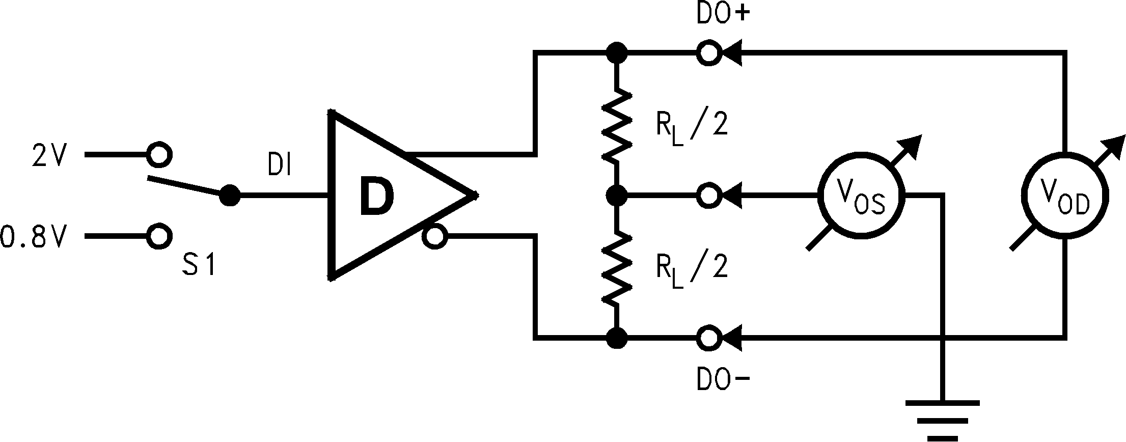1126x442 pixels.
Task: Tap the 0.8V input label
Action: point(34,237)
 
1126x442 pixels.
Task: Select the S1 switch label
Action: point(199,265)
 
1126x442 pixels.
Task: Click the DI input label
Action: point(279,165)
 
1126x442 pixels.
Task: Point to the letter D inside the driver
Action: point(377,196)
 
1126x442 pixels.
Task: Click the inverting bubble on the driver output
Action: point(435,237)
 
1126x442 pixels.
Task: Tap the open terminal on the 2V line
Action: point(159,154)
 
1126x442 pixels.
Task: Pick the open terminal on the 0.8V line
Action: point(159,236)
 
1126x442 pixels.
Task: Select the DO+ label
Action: point(723,15)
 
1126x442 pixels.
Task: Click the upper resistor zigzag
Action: point(617,125)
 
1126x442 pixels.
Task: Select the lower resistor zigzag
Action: point(617,268)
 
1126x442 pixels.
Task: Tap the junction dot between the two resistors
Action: point(617,195)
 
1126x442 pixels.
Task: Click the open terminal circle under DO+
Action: point(708,52)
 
